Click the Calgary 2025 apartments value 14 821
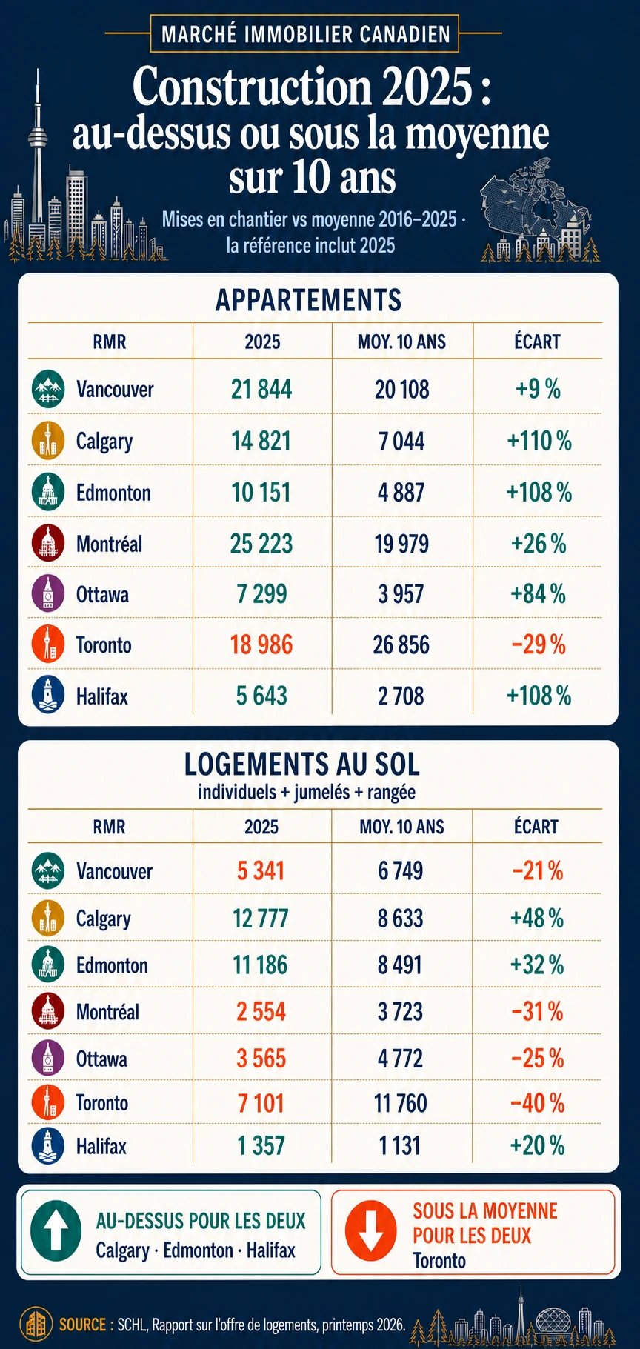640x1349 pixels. point(261,442)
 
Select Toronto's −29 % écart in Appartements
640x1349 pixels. point(539,645)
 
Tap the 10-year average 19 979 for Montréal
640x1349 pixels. point(401,544)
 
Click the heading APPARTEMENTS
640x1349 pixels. point(308,300)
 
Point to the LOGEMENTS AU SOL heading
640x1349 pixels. point(302,764)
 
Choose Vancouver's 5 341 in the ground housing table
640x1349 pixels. point(261,870)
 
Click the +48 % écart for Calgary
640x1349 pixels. point(537,919)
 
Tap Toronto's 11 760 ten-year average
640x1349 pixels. point(401,1103)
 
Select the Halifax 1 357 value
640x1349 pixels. point(261,1146)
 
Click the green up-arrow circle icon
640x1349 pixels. point(56,1230)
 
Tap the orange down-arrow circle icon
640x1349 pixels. point(370,1230)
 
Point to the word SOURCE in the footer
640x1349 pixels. point(82,1324)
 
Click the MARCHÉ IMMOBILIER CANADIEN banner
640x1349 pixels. point(305,34)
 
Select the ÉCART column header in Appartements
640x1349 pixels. point(537,342)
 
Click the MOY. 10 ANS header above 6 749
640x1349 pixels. point(401,827)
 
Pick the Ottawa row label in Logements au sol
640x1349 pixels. point(101,1059)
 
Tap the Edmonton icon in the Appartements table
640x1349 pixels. point(47,492)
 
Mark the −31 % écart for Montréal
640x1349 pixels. point(537,1012)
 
